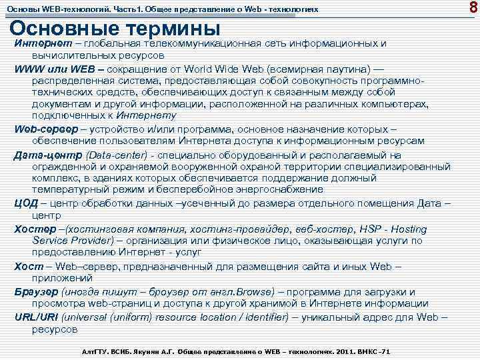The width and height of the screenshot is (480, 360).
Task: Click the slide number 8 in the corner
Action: click(472, 9)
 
